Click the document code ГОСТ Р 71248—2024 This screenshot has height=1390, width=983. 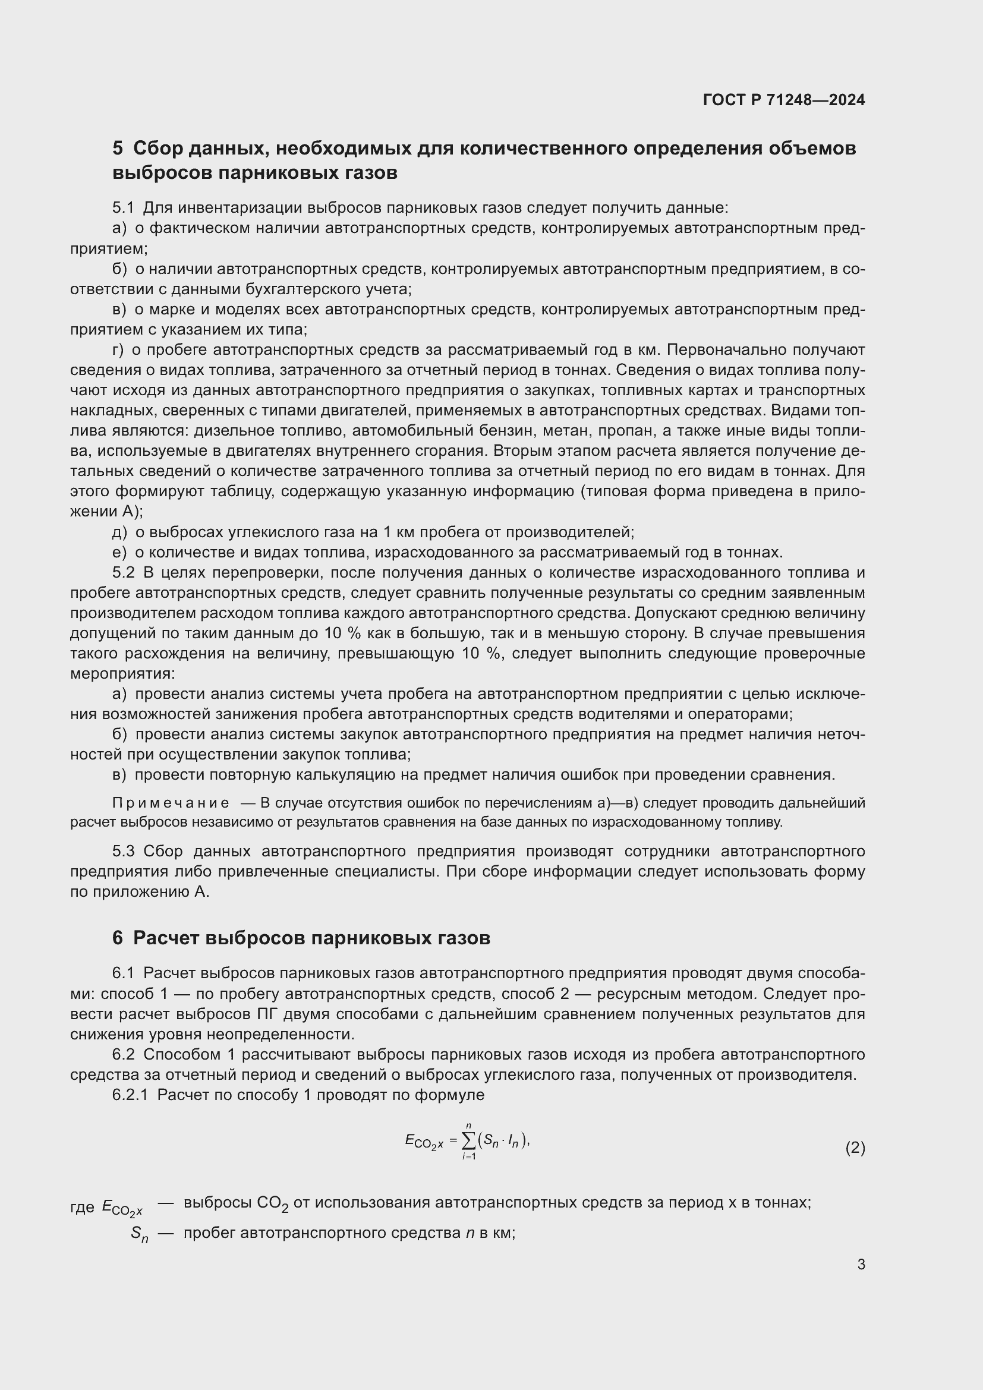(784, 100)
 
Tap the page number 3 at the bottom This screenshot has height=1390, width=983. (861, 1264)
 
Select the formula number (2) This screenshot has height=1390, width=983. (855, 1148)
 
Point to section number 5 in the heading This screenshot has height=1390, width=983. (118, 149)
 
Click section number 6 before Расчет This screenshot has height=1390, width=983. (118, 938)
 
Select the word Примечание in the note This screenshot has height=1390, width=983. (171, 803)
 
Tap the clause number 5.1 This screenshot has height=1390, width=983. (123, 208)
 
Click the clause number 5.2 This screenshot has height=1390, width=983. (123, 573)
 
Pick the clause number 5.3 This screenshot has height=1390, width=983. (123, 851)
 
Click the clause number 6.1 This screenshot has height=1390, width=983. (123, 973)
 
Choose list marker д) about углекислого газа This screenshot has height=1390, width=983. (119, 532)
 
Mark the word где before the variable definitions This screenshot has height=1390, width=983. (83, 1207)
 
